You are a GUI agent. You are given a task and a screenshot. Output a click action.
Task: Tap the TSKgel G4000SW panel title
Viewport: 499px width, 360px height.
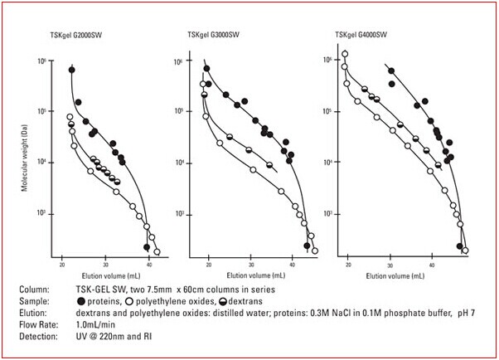359,35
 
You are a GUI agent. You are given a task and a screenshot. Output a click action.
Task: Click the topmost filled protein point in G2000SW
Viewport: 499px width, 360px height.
72,70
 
